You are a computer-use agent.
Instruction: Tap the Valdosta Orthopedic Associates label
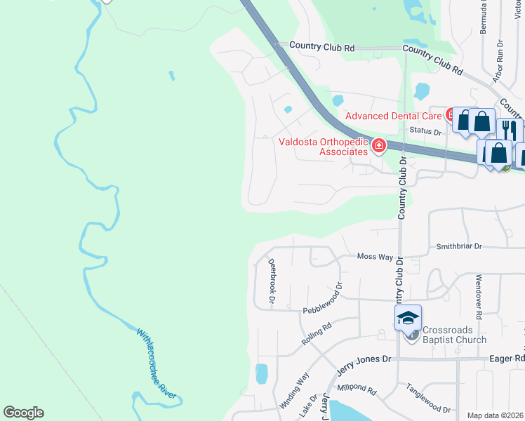323,146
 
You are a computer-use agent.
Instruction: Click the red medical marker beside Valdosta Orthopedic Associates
379,145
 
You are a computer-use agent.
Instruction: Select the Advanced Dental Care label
393,115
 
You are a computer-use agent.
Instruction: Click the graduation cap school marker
408,318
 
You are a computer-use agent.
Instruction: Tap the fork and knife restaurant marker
509,130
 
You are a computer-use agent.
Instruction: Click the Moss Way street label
375,257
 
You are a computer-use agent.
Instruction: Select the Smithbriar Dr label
459,246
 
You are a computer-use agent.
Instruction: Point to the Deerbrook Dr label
272,281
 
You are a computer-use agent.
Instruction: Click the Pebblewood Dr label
322,298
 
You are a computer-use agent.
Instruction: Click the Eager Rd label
510,358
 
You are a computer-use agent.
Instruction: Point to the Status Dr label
426,131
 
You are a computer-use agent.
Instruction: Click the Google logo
23,413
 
